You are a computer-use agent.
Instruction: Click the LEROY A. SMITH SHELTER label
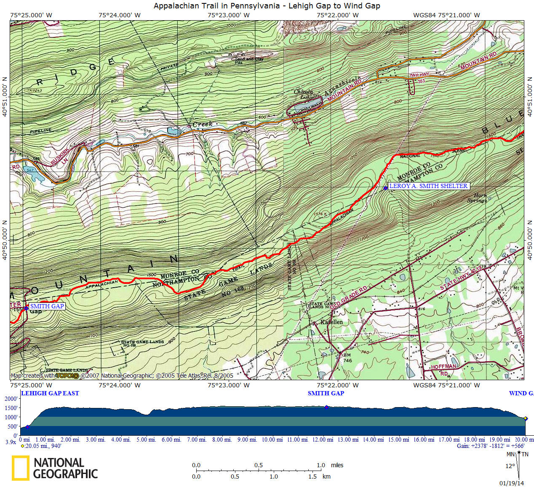[428, 186]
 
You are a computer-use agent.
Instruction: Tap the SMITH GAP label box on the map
[47, 306]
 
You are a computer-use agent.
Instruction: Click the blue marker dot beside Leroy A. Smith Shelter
[385, 188]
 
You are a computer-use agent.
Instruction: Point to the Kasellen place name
[331, 322]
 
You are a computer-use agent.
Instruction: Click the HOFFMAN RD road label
[443, 370]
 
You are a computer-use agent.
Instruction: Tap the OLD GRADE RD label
[348, 298]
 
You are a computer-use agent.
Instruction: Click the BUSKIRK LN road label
[60, 156]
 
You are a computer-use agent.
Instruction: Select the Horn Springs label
[477, 198]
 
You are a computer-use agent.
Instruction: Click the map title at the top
[267, 6]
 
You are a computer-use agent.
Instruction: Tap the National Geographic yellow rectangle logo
[20, 468]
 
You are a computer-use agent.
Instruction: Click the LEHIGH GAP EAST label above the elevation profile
[50, 393]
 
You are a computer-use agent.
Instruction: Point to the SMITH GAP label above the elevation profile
[326, 393]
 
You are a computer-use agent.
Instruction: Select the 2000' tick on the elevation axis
[11, 399]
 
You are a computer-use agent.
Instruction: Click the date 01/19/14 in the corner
[512, 483]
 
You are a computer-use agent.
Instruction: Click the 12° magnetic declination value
[510, 466]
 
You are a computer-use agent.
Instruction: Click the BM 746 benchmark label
[347, 358]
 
